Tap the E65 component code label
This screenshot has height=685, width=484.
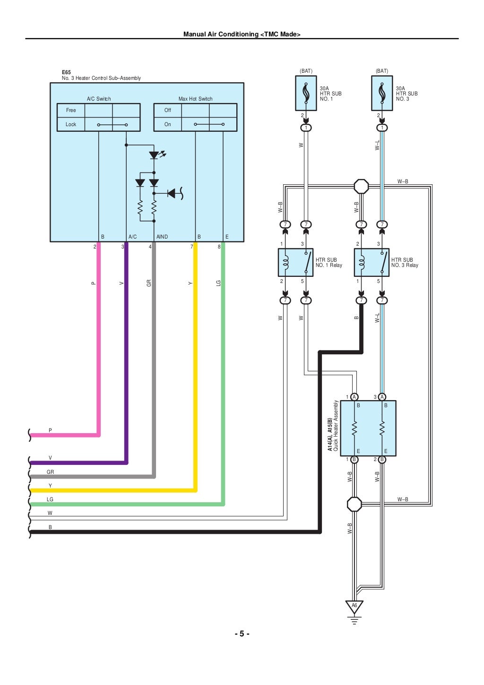point(66,72)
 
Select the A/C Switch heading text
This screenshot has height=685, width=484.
point(99,99)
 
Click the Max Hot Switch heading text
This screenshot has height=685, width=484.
point(195,99)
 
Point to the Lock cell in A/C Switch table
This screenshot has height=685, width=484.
point(71,124)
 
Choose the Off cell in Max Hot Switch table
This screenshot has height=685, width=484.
point(168,110)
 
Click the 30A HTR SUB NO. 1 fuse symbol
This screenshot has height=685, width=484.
point(306,93)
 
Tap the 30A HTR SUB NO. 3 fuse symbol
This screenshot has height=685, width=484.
point(382,93)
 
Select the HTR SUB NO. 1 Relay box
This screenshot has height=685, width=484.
point(295,263)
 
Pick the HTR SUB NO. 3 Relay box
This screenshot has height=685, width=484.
point(372,263)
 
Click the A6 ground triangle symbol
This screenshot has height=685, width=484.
point(354,606)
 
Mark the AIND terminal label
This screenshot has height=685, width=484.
point(162,237)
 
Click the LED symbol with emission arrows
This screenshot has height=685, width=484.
point(154,154)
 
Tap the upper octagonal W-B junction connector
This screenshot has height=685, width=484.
point(361,186)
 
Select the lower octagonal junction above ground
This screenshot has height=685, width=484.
point(354,504)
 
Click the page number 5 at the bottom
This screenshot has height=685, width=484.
point(242,634)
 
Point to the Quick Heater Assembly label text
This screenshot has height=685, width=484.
point(336,426)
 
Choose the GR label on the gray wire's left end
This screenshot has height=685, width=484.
point(50,472)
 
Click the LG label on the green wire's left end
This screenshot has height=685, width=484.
point(50,499)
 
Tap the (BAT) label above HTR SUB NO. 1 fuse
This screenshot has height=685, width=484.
point(306,71)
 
